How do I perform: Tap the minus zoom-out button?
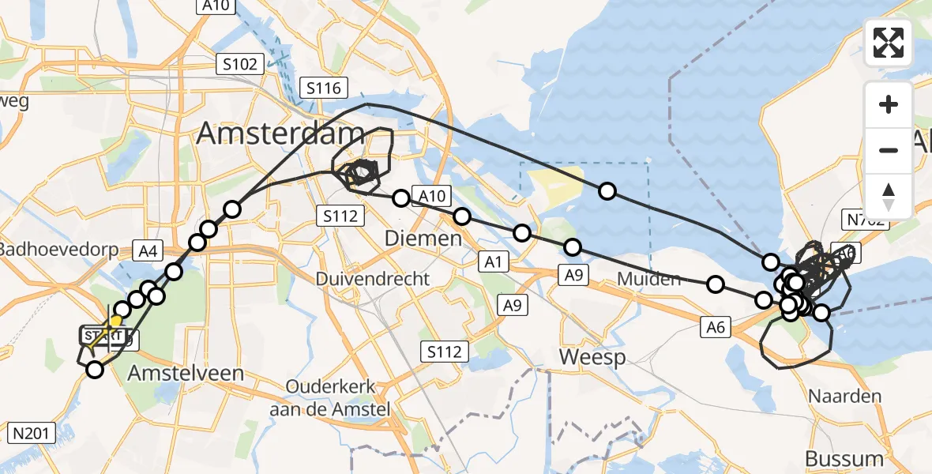coord(889,150)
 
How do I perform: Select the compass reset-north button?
coord(889,196)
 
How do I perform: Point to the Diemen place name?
coord(423,238)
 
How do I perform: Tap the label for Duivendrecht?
coord(373,279)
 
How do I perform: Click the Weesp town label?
coord(592,357)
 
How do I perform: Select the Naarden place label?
coord(844,396)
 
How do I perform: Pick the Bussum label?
coord(844,458)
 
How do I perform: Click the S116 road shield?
coord(324,88)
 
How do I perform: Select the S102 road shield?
coord(240,64)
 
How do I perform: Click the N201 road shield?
coord(32,432)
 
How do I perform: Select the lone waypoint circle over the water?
coord(607,190)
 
